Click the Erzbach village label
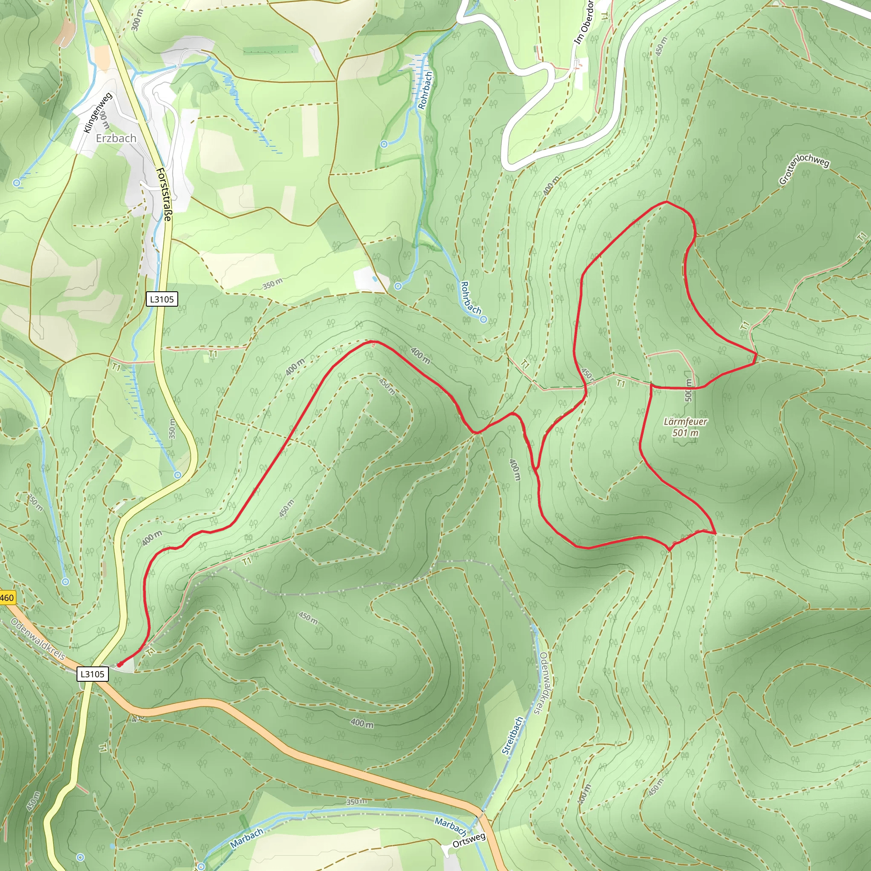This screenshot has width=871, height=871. coord(116,138)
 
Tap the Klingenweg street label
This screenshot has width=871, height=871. coord(98,113)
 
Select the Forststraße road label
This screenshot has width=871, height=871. coord(164,194)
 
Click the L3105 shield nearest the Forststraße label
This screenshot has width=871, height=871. coord(162,299)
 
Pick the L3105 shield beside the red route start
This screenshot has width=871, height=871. coord(92,674)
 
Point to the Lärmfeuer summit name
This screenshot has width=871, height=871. coord(685,421)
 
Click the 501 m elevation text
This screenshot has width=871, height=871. coord(685,433)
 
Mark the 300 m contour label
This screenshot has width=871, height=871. coord(137,20)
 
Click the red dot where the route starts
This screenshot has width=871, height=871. coord(120,664)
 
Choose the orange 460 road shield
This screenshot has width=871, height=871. coord(7,598)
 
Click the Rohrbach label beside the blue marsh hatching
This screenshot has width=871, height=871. coord(425,90)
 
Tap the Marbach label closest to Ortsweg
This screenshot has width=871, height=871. coord(450,825)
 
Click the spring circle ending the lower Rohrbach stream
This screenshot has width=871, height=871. coord(483,320)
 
